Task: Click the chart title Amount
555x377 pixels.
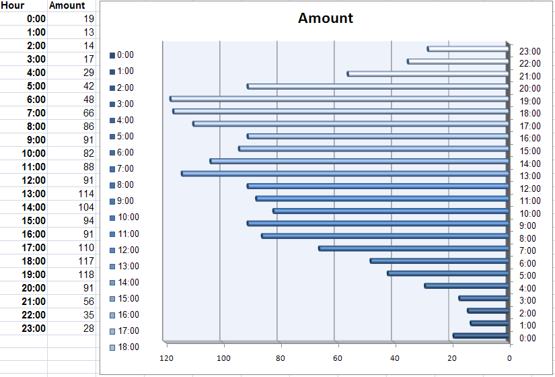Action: coord(326,18)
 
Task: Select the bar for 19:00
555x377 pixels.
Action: coord(339,99)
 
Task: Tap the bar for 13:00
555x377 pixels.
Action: coord(344,174)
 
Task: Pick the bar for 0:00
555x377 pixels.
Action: coord(481,336)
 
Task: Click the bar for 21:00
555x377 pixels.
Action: coord(428,73)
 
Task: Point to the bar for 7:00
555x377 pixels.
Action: coord(414,248)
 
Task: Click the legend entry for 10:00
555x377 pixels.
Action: coord(124,217)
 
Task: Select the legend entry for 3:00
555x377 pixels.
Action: coord(122,104)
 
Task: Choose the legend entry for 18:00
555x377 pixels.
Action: coord(124,347)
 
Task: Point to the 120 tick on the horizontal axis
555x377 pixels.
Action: coord(167,358)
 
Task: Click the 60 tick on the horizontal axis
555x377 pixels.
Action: coord(338,358)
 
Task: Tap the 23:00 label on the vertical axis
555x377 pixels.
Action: coord(530,51)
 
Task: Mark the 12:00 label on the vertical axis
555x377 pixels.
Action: coord(530,188)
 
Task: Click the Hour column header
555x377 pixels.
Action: coord(12,5)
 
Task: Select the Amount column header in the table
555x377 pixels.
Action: coord(67,5)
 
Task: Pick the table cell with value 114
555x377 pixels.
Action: coord(86,194)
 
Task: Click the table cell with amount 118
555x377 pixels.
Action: coord(86,275)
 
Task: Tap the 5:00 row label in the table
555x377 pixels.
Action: coord(36,86)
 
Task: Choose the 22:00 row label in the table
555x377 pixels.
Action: coord(34,315)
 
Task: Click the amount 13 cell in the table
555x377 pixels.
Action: coord(89,32)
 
